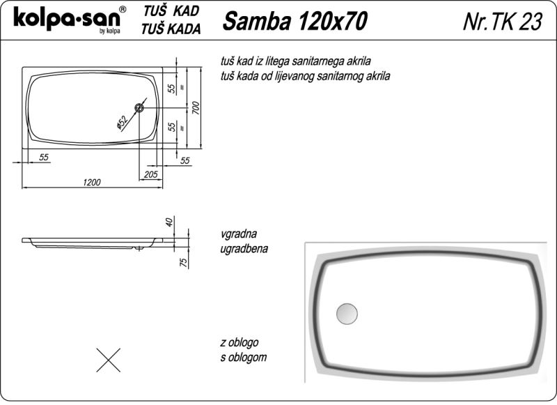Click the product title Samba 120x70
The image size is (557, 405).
point(295,21)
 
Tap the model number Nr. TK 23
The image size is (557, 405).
point(503,22)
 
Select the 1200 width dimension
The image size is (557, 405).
point(92,183)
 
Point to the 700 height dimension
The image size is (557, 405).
point(196,108)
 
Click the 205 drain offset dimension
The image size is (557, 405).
point(150,174)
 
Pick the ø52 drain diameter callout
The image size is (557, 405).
point(122,123)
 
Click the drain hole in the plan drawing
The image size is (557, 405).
point(139,107)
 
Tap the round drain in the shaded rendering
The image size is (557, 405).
point(347,314)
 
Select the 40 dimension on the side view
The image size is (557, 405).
point(169,222)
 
